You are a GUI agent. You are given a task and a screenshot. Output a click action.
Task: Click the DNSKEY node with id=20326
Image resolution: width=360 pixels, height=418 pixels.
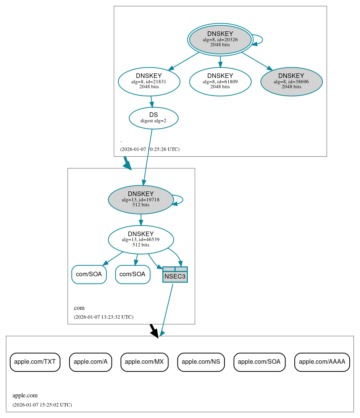coord(220,39)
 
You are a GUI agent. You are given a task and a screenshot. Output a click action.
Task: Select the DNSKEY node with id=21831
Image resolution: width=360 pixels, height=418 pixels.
coord(149,81)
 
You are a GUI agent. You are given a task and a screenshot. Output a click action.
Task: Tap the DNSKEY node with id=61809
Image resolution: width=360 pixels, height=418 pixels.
coord(220,81)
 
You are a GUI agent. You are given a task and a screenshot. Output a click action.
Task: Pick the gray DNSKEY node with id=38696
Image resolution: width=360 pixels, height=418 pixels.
coord(292,81)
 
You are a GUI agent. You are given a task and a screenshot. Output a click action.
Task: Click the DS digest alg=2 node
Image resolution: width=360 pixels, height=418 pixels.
coord(153,118)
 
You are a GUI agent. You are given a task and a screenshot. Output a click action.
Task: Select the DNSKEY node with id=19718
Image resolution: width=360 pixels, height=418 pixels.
coord(141,199)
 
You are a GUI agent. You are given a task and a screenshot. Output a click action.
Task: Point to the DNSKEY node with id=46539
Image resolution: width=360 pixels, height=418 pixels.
coord(141,240)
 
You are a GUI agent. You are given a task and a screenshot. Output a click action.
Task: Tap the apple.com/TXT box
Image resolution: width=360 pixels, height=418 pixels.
coord(35,362)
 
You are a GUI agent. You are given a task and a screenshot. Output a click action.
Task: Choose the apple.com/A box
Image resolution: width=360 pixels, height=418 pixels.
coord(90,362)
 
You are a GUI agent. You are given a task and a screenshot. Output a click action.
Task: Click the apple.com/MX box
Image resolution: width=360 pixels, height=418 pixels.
coord(145,362)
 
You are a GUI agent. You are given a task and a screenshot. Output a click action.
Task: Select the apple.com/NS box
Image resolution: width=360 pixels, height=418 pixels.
coord(201,362)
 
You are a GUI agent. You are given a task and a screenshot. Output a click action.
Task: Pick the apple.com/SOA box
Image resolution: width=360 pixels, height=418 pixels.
coord(259,362)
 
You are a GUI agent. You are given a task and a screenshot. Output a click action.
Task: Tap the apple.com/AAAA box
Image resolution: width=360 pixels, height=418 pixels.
coord(322,362)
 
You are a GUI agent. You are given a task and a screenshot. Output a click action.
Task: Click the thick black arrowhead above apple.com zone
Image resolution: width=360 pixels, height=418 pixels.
coord(155,333)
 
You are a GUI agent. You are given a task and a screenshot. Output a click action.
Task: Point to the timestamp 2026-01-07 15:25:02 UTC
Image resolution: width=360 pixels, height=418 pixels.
coord(42,405)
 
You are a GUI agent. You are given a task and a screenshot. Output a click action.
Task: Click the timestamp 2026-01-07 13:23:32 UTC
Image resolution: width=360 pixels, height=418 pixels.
coord(103,317)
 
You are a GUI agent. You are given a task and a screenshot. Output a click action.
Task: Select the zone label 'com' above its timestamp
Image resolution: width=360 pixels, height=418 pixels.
coord(79,308)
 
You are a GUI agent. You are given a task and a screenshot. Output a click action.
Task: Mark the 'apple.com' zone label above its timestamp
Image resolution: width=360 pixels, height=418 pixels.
coord(25,395)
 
